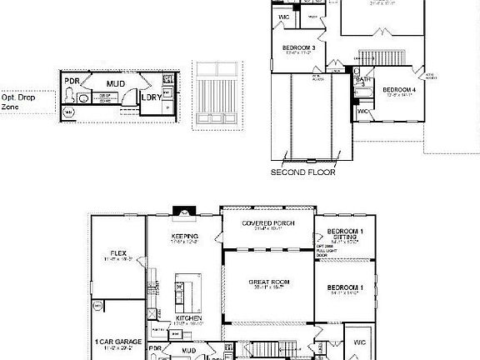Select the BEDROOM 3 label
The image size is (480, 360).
pos(297,48)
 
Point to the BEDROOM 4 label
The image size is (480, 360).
pos(399,91)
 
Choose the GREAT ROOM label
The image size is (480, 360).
pos(267,282)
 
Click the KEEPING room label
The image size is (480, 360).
pos(184,236)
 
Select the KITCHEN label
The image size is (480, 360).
pos(187,319)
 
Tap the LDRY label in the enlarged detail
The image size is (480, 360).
pos(151,97)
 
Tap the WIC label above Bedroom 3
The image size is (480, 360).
pos(283,16)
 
